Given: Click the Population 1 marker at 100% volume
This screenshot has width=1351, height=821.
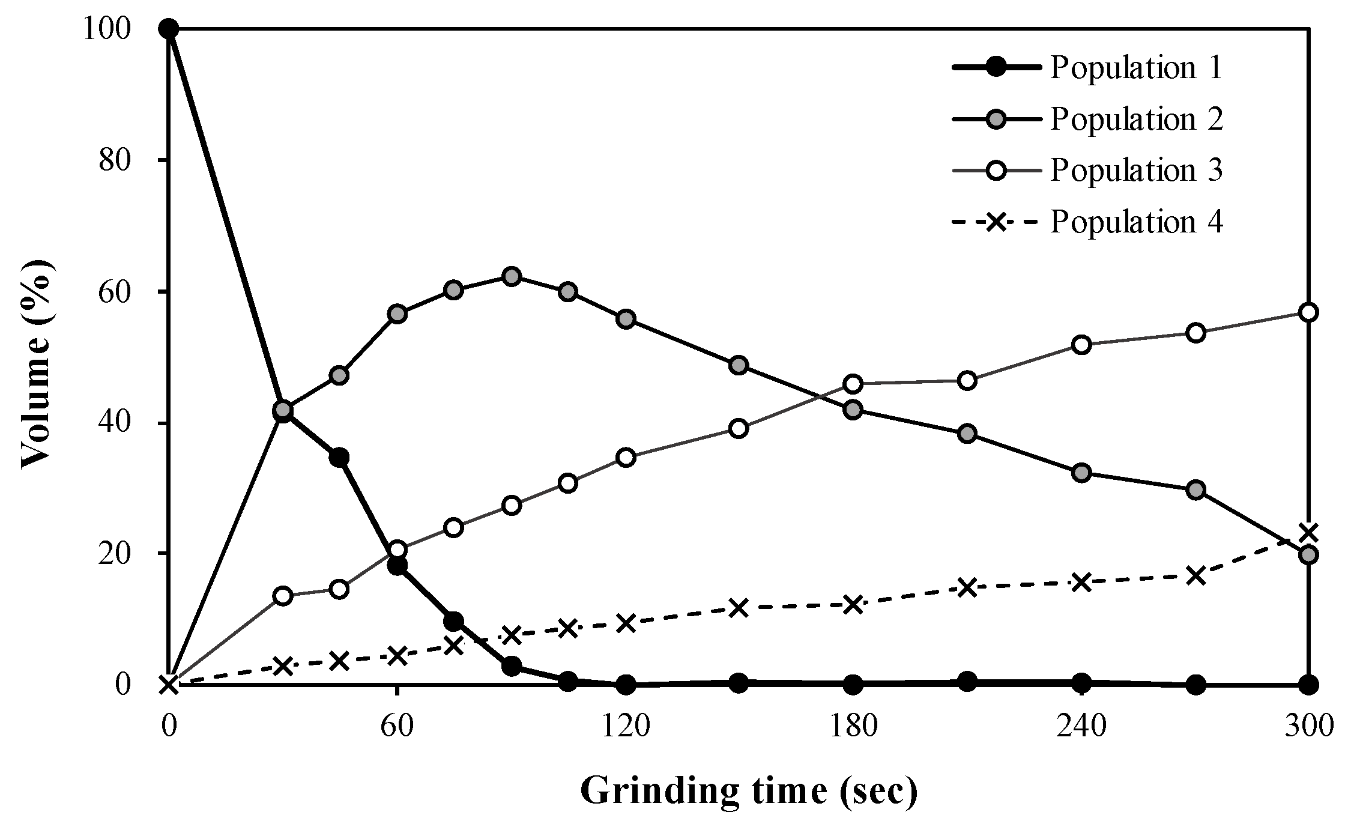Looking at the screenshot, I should coord(169,28).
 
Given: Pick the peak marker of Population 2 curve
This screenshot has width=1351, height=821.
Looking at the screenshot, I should coord(511,276).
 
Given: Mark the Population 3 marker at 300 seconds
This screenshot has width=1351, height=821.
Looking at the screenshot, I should coord(1309,312).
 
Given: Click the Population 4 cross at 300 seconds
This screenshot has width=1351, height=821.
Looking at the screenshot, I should coord(1309,532).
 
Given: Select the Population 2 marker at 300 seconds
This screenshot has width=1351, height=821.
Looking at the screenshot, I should coord(1309,554).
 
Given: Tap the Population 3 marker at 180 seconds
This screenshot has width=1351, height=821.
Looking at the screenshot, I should coord(853,383).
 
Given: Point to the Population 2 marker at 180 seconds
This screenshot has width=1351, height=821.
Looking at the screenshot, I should coord(853,410).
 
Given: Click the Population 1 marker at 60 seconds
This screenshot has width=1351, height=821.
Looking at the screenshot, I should coord(397,566).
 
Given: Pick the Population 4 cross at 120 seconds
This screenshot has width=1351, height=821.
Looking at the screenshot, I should coord(625,623).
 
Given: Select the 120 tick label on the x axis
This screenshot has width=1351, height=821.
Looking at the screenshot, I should coord(625,727).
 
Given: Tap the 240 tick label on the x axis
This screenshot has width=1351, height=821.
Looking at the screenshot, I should coord(1081,727).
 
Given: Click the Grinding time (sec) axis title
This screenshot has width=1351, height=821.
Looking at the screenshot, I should coord(749,792).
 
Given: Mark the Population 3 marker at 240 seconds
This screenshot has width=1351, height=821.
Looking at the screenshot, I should coord(1081,345).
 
